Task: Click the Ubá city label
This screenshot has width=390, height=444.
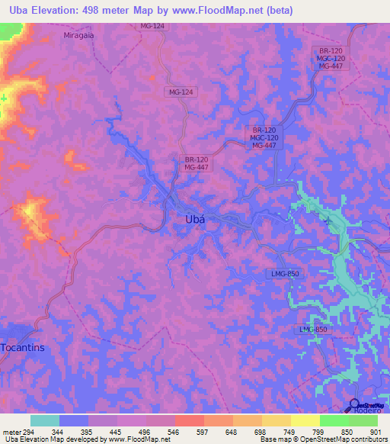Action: click(195, 219)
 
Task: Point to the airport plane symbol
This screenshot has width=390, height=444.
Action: click(328, 221)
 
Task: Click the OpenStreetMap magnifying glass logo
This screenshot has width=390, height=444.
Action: click(354, 404)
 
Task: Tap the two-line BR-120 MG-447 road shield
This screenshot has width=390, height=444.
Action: click(197, 163)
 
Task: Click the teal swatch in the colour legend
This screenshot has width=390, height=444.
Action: click(45, 420)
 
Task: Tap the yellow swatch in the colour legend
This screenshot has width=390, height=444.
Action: click(305, 420)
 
